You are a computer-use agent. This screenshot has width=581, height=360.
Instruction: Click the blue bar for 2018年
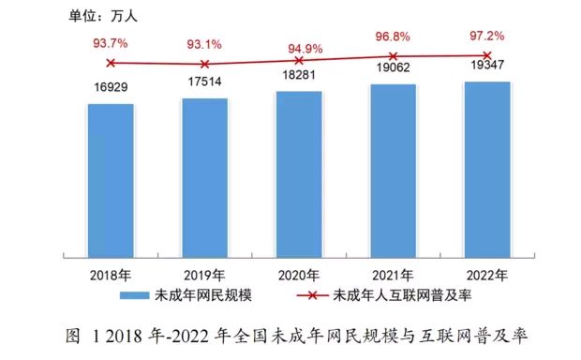coord(112,179)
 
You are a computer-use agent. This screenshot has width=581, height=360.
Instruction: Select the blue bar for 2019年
coord(205,176)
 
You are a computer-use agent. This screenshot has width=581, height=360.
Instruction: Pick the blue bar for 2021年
coord(394,170)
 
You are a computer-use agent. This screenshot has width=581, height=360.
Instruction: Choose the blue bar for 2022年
coord(487,169)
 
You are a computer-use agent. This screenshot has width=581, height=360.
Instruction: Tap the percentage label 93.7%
coord(112,42)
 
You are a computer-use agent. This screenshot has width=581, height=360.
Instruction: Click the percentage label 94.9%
coord(300,47)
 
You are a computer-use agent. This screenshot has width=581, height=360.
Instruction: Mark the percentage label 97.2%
coord(487,35)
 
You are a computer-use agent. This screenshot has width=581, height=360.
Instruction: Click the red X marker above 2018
coord(112,63)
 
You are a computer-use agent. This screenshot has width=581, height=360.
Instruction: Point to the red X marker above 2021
coord(394,56)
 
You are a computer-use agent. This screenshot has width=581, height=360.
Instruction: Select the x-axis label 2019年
coord(205,275)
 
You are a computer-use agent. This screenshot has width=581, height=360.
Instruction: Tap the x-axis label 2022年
coord(487,275)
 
